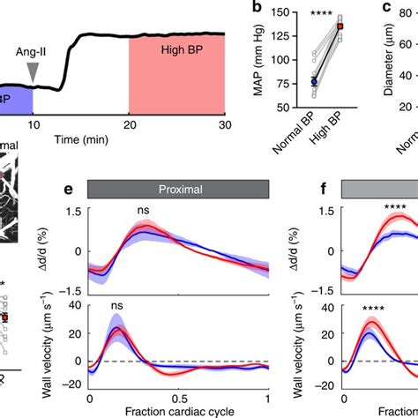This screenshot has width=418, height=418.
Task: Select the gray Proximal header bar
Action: [x=180, y=188]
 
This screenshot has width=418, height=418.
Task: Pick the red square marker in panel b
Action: [x=341, y=26]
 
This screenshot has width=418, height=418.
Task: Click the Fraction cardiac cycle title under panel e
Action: [x=180, y=413]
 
